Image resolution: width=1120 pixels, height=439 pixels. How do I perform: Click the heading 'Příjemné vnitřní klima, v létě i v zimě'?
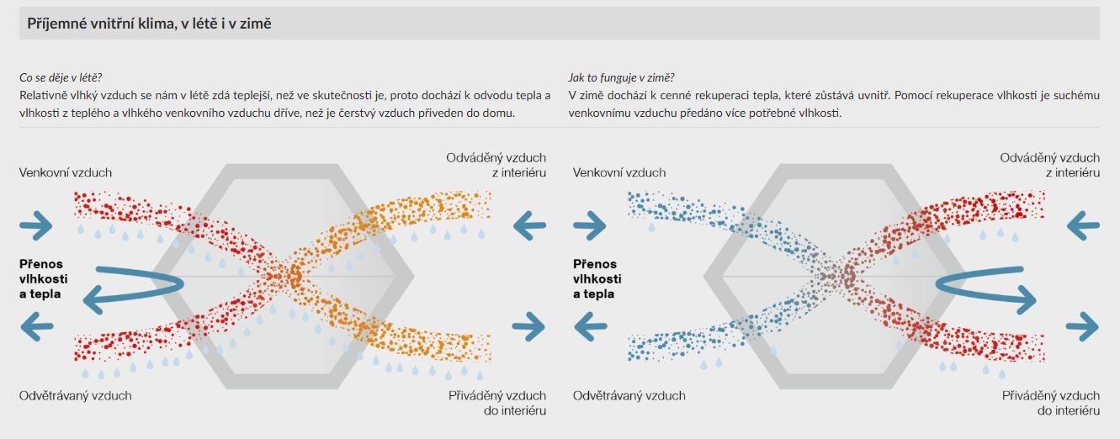tap(149, 24)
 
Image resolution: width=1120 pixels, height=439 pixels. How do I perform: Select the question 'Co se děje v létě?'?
tap(61, 77)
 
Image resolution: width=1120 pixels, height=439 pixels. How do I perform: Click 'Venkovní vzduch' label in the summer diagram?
tap(66, 172)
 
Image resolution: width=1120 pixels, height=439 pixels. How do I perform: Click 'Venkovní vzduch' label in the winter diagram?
tap(619, 172)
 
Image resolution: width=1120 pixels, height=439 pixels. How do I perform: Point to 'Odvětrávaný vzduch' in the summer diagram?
tap(76, 395)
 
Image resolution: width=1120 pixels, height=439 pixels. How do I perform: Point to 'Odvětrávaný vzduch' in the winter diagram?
tap(629, 395)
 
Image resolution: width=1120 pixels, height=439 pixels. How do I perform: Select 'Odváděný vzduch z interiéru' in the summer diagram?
tap(496, 165)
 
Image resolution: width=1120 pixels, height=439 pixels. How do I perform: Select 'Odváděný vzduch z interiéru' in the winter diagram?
tap(1050, 165)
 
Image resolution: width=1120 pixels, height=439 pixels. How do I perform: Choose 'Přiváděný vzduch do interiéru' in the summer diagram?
tap(496, 403)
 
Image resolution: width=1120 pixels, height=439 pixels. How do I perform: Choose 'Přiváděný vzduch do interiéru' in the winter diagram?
tap(1050, 403)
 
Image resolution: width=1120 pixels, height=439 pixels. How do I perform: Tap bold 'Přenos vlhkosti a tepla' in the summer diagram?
tap(44, 279)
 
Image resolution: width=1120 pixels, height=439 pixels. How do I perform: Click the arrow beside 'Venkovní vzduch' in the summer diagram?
tap(36, 225)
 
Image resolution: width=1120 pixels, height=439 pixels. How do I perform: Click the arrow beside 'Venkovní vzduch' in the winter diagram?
tap(590, 225)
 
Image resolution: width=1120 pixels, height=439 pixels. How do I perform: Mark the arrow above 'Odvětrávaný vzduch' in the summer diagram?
tap(36, 326)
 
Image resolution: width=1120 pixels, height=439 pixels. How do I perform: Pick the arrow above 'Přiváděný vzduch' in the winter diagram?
tap(1082, 326)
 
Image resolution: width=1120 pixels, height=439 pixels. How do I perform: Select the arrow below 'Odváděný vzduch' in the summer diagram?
tap(529, 225)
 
